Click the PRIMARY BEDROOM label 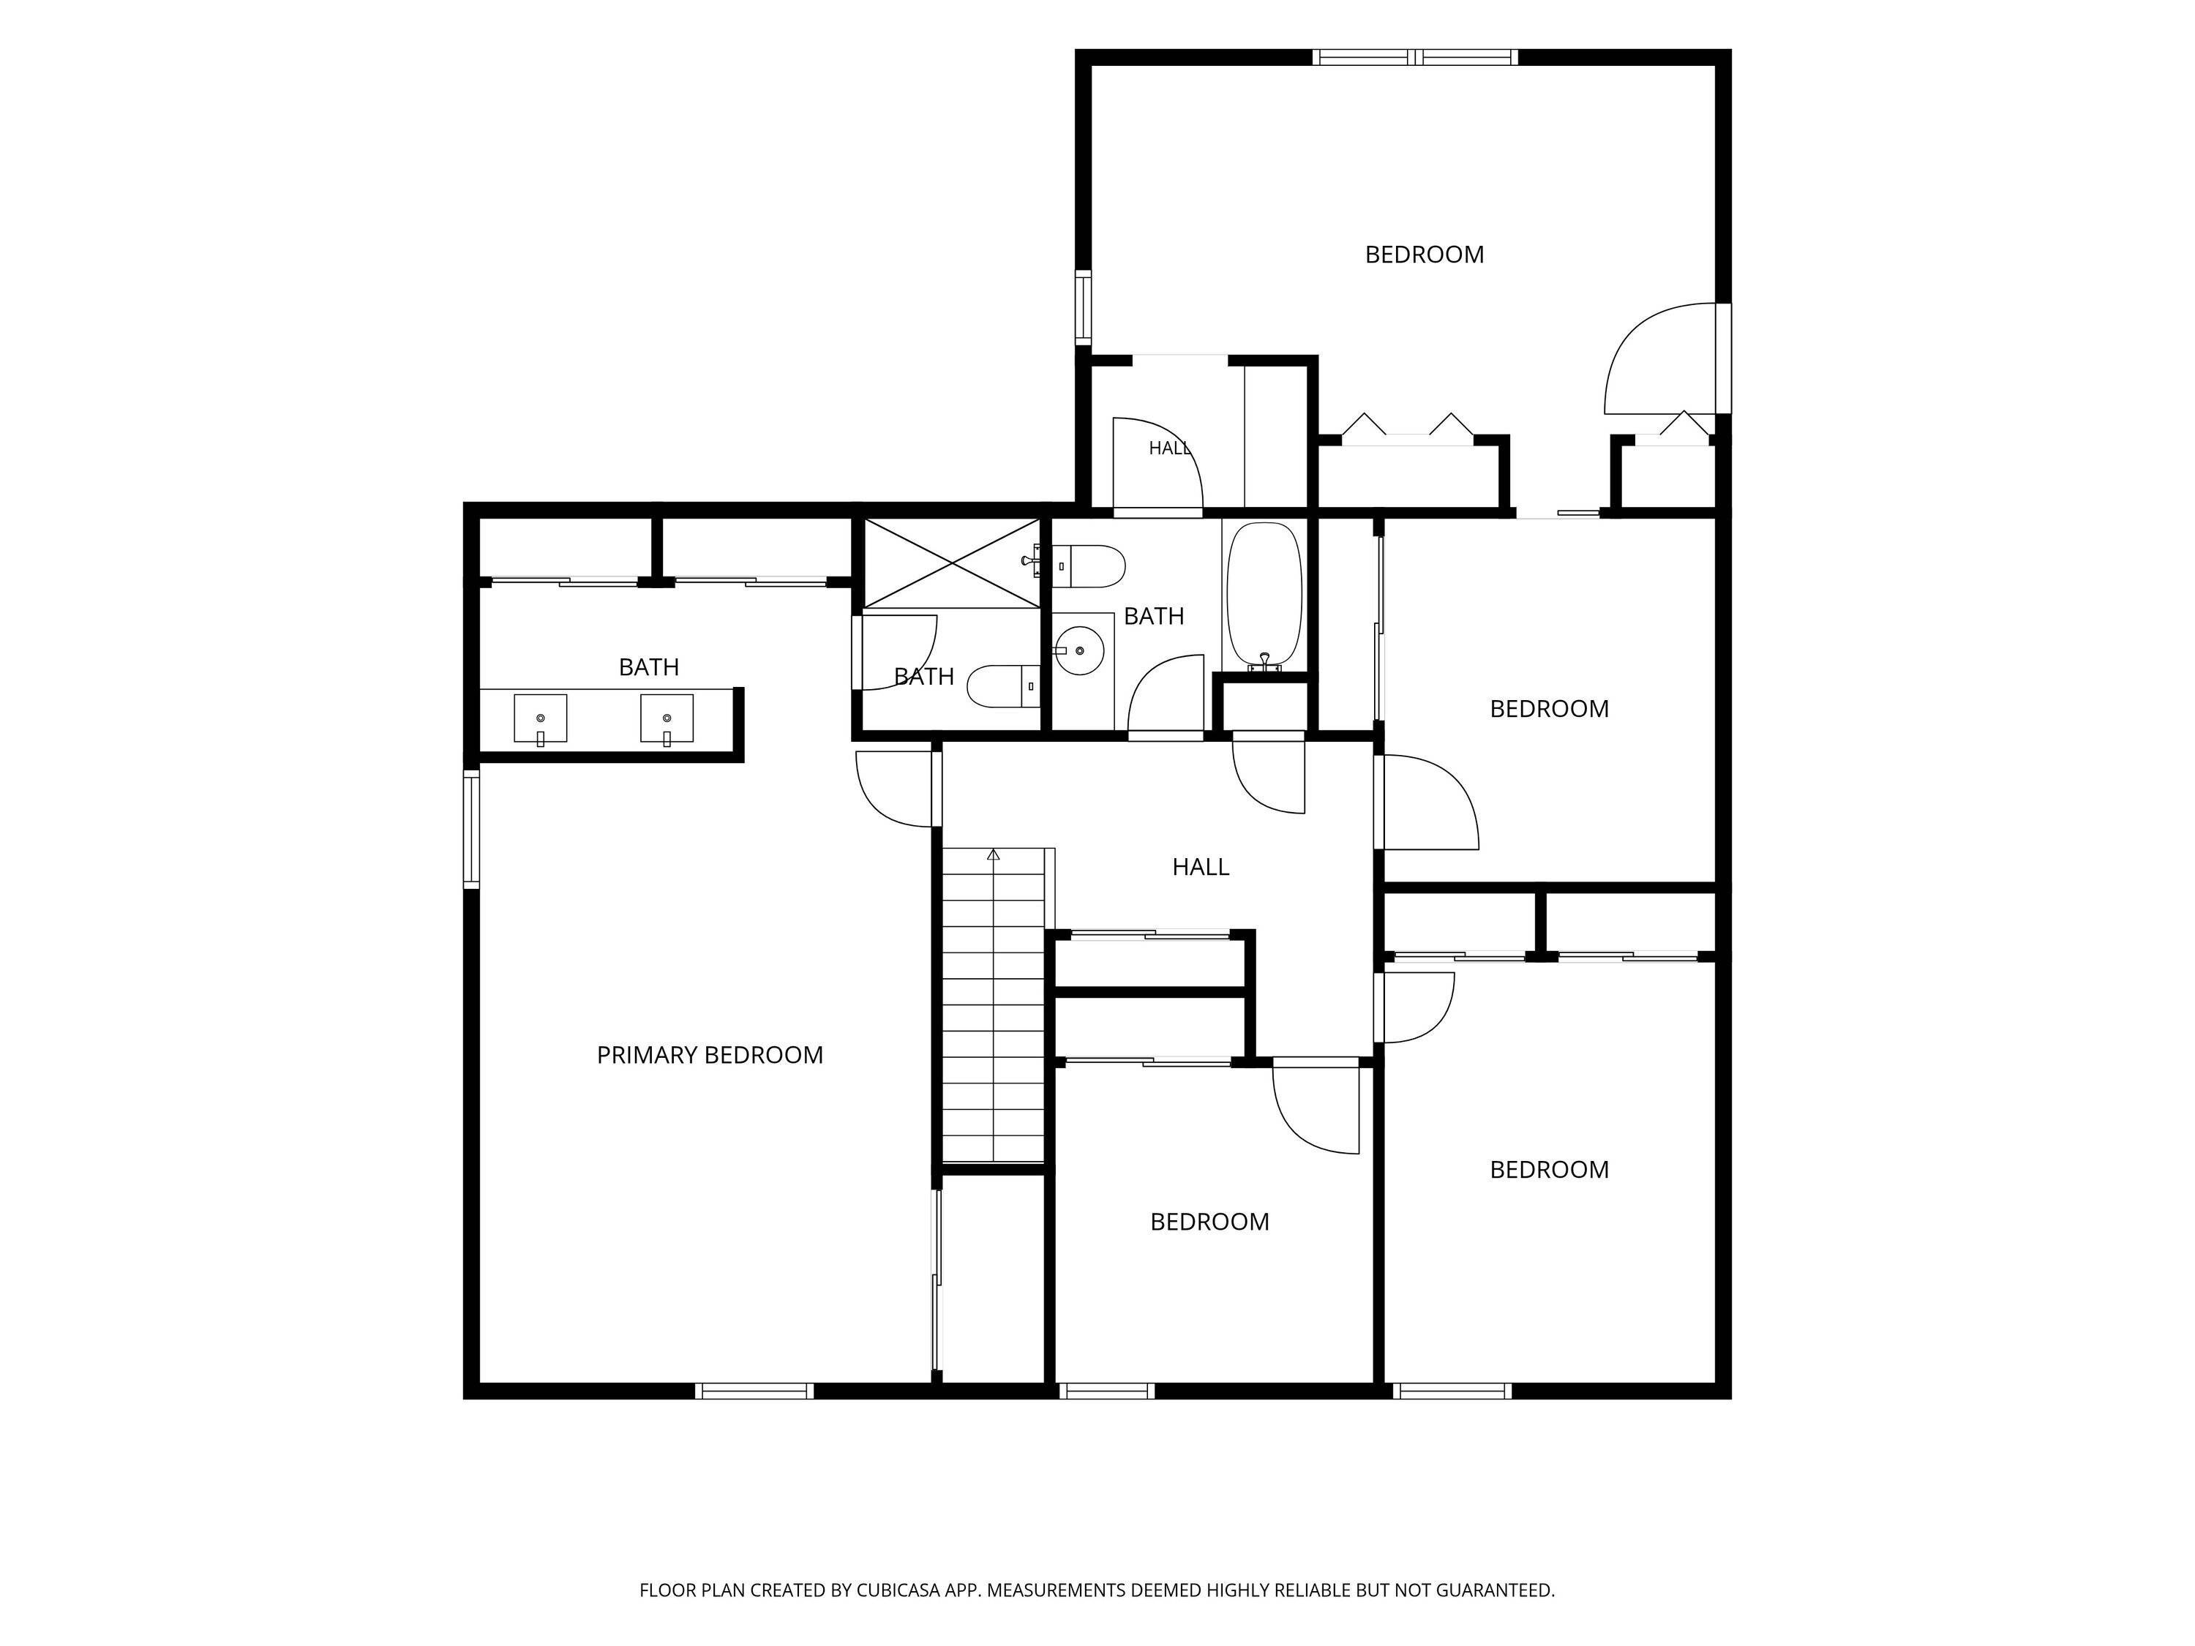(710, 1055)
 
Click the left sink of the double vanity (541, 718)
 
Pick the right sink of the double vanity (667, 718)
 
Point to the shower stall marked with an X (952, 563)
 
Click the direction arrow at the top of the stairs (994, 854)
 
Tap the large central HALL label (1201, 867)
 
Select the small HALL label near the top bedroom (1170, 448)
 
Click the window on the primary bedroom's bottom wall (755, 1391)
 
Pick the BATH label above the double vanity (649, 666)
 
